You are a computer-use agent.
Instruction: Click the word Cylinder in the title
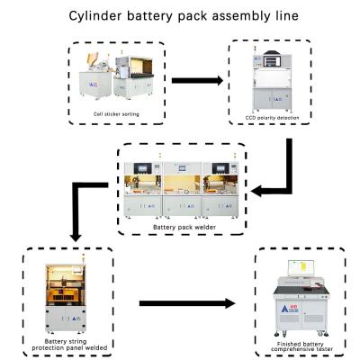(95, 16)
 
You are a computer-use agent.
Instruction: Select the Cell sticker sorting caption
(116, 114)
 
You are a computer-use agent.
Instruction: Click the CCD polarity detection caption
(272, 118)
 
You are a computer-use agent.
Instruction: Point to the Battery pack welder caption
(184, 228)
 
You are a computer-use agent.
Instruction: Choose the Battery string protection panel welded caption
(69, 345)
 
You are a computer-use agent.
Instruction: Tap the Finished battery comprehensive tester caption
(301, 346)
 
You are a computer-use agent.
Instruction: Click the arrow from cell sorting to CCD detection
(197, 80)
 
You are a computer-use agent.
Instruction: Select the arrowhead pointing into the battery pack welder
(256, 191)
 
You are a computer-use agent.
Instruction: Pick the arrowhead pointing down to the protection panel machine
(76, 237)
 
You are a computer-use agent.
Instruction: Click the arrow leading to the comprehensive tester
(187, 303)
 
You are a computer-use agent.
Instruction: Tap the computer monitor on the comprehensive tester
(301, 268)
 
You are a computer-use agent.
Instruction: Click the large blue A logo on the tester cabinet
(285, 309)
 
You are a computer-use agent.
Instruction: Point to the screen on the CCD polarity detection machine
(272, 61)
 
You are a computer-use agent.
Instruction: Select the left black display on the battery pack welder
(143, 167)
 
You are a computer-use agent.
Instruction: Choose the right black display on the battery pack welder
(220, 167)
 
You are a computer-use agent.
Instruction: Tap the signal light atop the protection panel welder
(84, 256)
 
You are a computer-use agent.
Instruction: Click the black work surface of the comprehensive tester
(301, 290)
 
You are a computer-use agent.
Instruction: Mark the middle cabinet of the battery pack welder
(182, 189)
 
